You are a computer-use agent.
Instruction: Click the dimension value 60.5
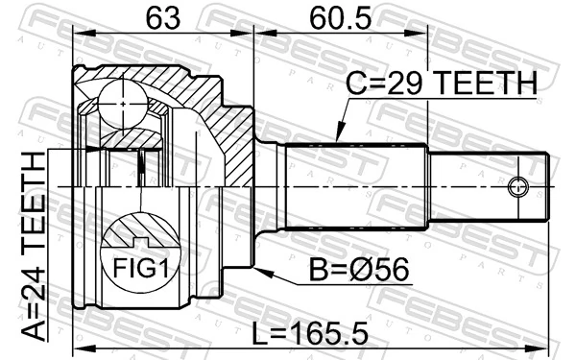tap(339, 17)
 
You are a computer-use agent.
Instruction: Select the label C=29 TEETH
tap(443, 85)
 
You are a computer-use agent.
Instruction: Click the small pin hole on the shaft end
tap(519, 186)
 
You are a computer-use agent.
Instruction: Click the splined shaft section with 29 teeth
tap(355, 185)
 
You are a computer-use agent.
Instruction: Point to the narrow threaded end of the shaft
tap(490, 185)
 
